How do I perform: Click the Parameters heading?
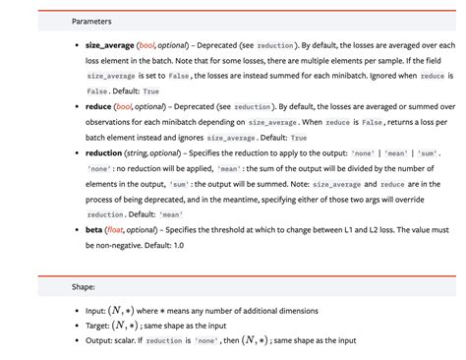click(x=91, y=21)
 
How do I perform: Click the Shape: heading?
click(x=84, y=288)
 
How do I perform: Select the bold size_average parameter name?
click(x=109, y=45)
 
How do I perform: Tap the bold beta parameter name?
click(x=95, y=228)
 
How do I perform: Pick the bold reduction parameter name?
click(x=104, y=153)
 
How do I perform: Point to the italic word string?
click(x=140, y=153)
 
